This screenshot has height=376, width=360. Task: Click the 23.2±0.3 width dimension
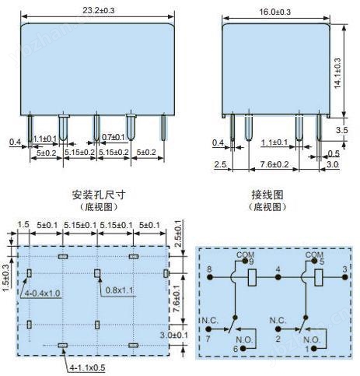pyautogui.click(x=98, y=11)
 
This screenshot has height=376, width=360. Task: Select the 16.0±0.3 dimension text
pyautogui.click(x=275, y=12)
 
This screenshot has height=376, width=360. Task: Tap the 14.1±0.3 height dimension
pyautogui.click(x=337, y=73)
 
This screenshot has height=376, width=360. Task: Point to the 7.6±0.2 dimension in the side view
pyautogui.click(x=274, y=164)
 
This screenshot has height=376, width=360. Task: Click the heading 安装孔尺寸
pyautogui.click(x=99, y=195)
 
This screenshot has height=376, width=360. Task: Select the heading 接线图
pyautogui.click(x=267, y=195)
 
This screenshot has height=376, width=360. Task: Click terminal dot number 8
pyautogui.click(x=210, y=277)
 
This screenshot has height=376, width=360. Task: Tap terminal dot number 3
pyautogui.click(x=344, y=277)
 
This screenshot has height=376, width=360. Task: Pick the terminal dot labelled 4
pyautogui.click(x=278, y=277)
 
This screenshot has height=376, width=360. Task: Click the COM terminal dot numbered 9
pyautogui.click(x=245, y=262)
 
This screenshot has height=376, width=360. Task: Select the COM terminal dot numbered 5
pyautogui.click(x=314, y=262)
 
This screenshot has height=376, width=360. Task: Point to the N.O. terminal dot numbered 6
pyautogui.click(x=243, y=349)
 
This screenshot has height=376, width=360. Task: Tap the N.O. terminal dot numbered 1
pyautogui.click(x=313, y=349)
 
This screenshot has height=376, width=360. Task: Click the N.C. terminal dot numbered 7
pyautogui.click(x=208, y=329)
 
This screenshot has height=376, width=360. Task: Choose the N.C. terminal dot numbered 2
pyautogui.click(x=278, y=329)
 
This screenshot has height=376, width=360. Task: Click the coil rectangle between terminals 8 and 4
pyautogui.click(x=252, y=277)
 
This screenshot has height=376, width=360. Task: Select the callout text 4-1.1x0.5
pyautogui.click(x=87, y=367)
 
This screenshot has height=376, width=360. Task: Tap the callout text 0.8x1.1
pyautogui.click(x=119, y=290)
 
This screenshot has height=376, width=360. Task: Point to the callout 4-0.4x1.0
pyautogui.click(x=42, y=293)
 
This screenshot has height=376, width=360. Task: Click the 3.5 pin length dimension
pyautogui.click(x=341, y=130)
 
